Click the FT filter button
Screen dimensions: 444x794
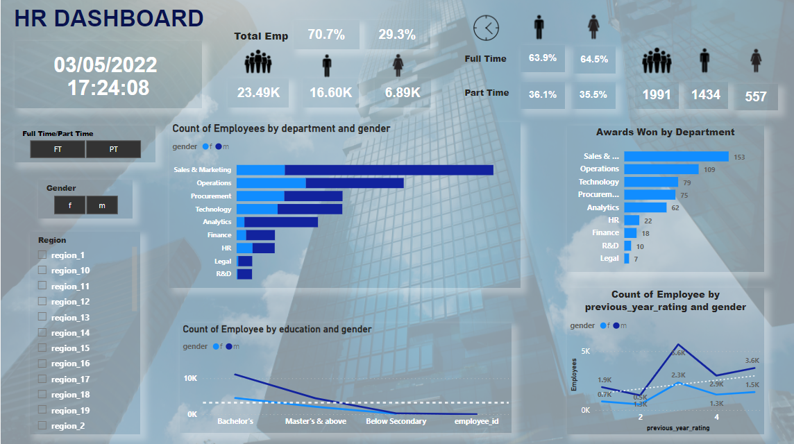pos(58,149)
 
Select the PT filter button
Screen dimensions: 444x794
pos(113,149)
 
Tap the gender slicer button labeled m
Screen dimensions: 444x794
pos(102,205)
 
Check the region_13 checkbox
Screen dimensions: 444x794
pos(42,317)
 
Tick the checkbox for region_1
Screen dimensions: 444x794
pos(42,255)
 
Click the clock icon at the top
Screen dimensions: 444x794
pos(486,28)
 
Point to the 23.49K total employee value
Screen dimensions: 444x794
pos(258,92)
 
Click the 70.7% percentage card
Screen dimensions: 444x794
pos(326,35)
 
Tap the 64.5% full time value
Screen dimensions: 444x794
pos(594,59)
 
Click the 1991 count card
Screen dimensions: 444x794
pos(657,94)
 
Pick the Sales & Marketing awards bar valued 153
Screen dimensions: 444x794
pos(676,157)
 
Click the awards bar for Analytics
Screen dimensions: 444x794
pos(645,207)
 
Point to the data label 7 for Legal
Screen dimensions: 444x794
pos(636,259)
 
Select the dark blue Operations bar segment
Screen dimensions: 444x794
pos(355,183)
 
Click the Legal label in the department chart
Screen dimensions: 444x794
pos(223,262)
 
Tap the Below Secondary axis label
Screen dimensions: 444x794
pos(396,421)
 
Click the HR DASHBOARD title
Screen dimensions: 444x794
pos(109,19)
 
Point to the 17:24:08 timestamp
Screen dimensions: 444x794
pos(108,88)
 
